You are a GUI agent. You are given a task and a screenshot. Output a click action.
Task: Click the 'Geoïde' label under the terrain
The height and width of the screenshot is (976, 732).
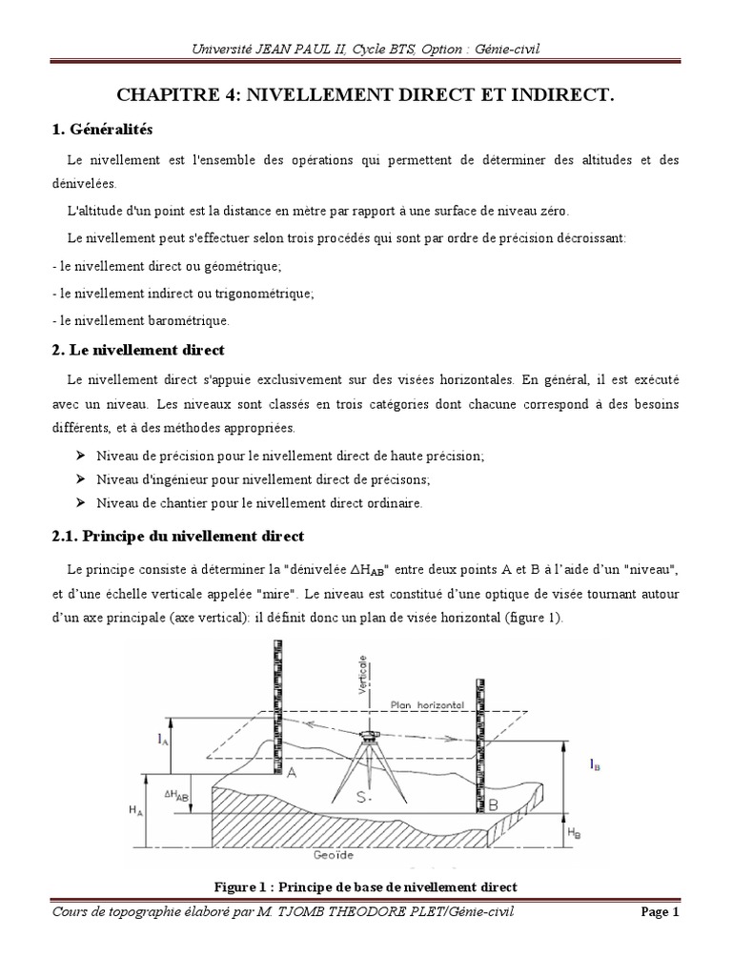[x=331, y=855]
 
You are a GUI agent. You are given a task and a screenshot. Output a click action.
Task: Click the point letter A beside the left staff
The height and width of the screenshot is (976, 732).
[x=292, y=775]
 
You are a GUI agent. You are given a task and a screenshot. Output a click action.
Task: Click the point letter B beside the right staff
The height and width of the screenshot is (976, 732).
[x=493, y=806]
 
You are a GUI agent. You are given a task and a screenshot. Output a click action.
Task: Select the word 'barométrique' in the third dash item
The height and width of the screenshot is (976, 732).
[x=187, y=320]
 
